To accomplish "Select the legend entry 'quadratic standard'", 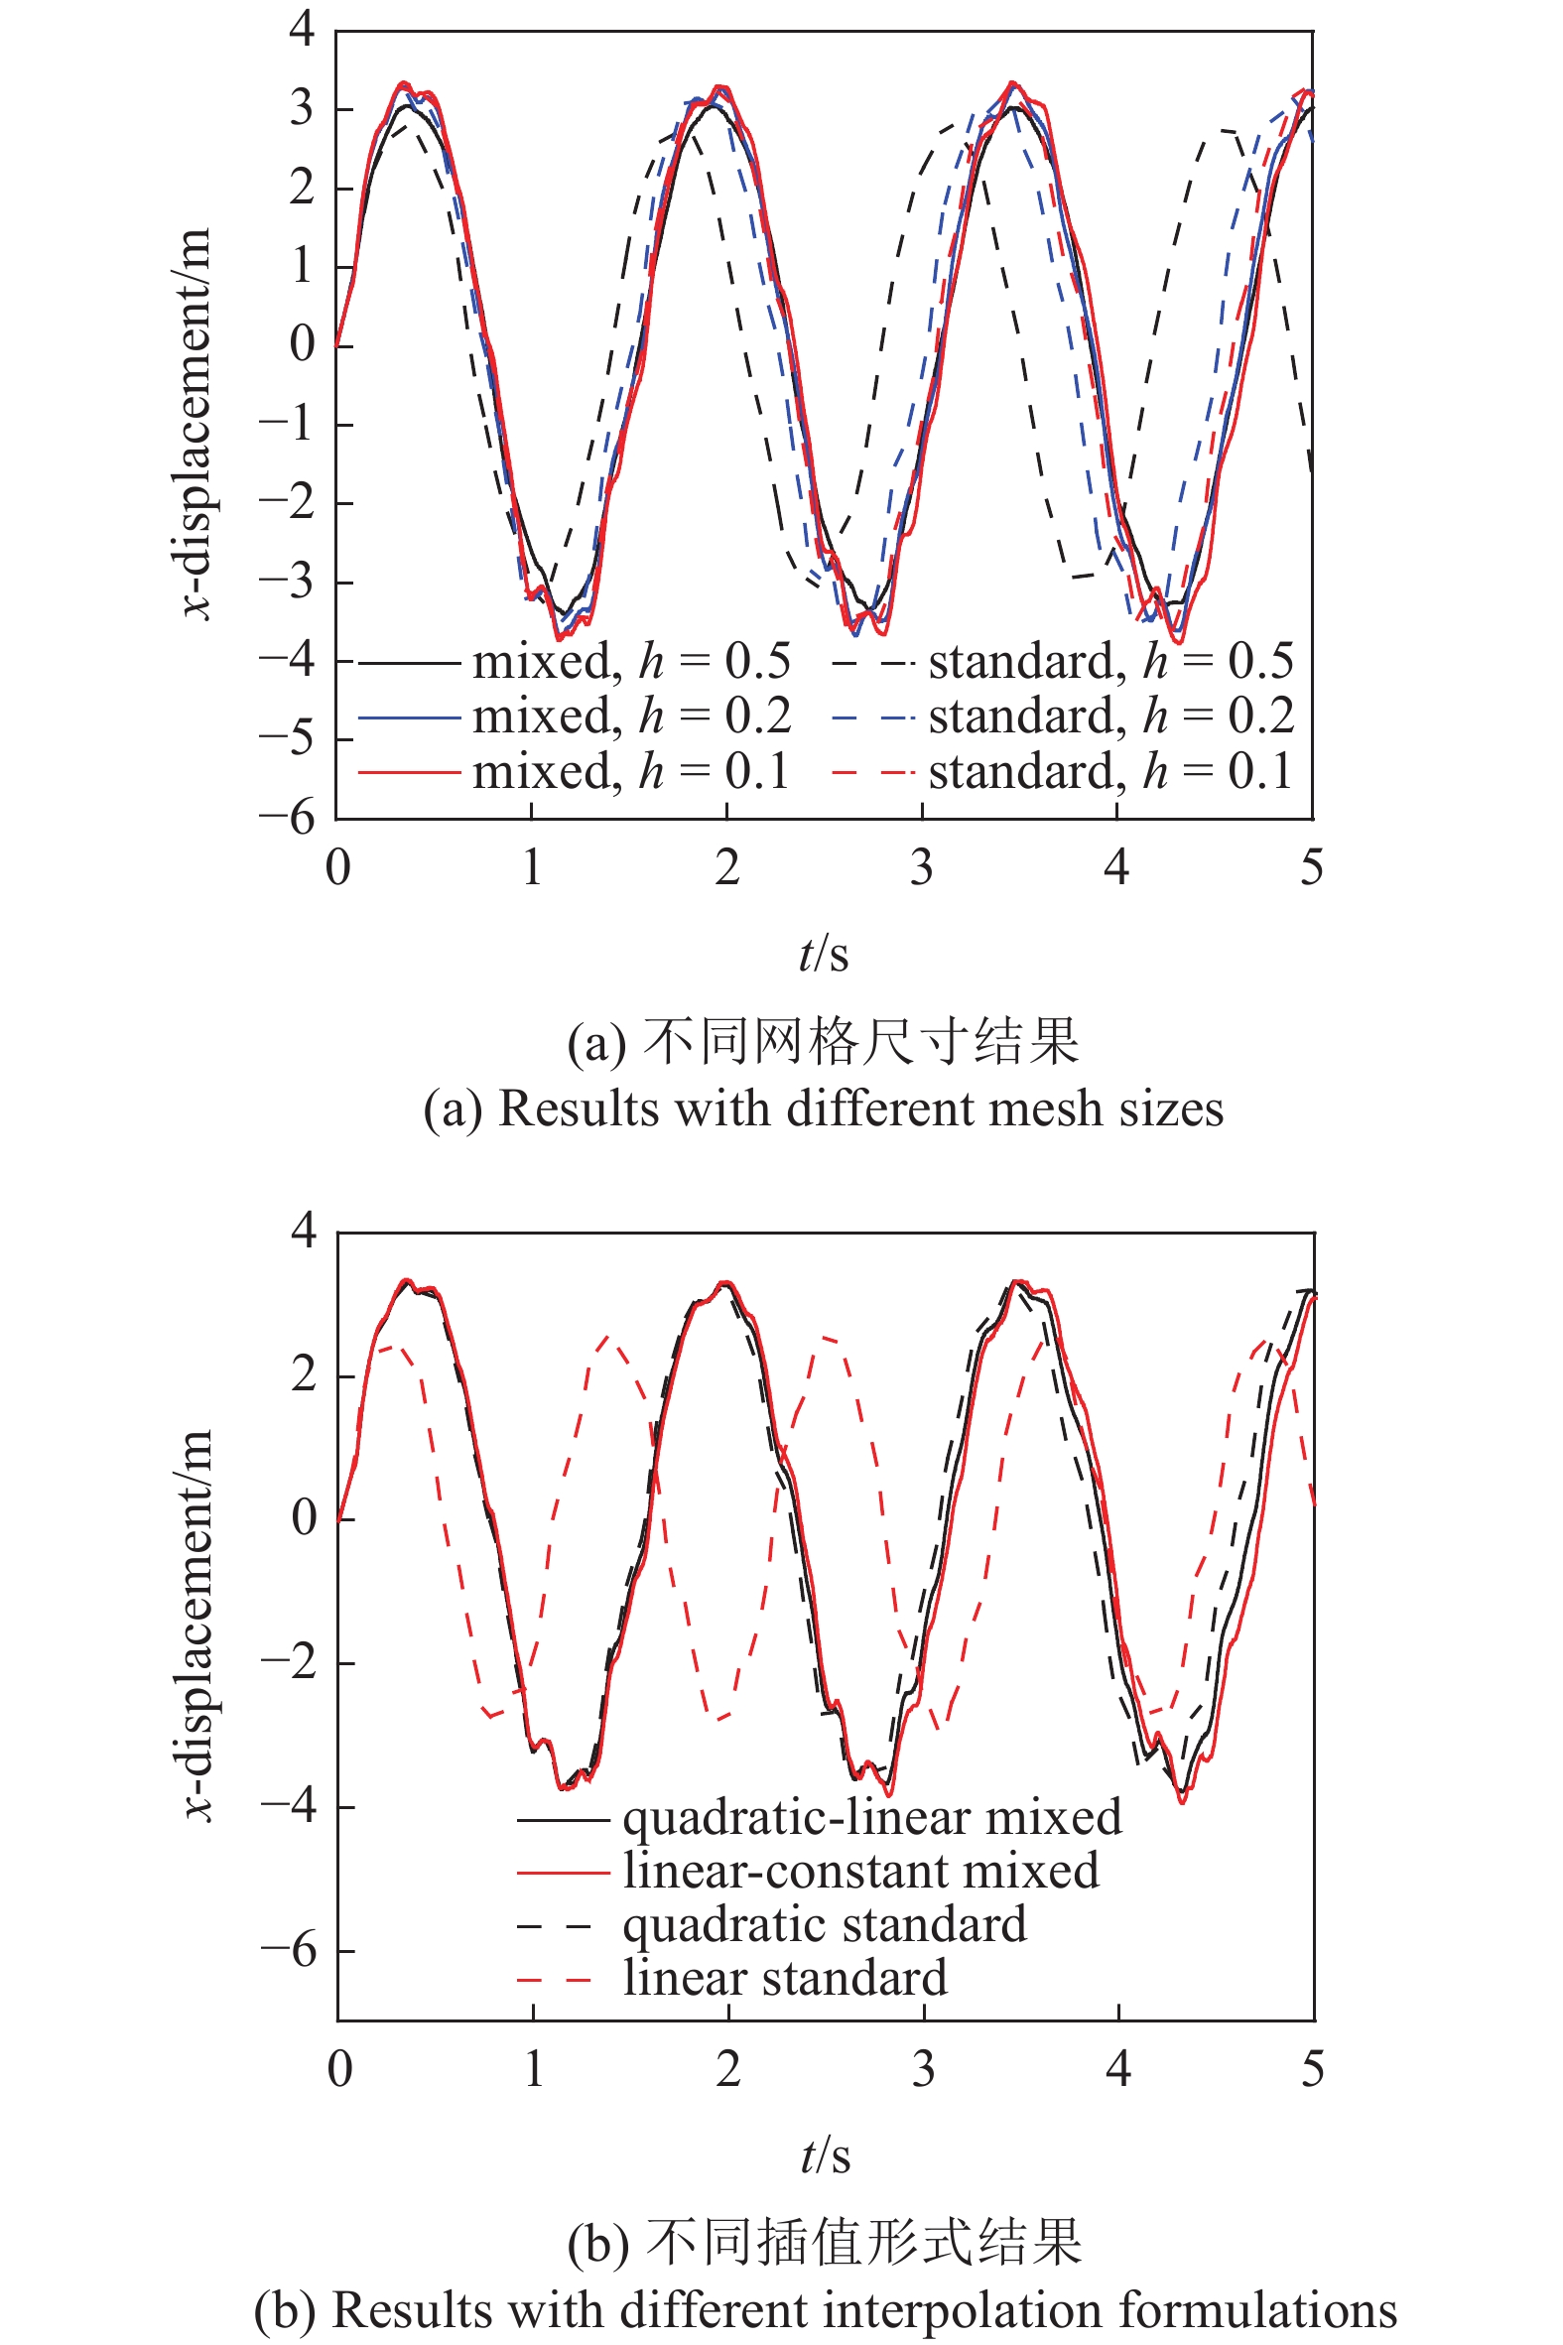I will [x=824, y=1923].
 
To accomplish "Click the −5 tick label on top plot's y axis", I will [x=287, y=739].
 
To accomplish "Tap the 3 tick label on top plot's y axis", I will [x=302, y=107].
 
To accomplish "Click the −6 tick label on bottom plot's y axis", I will [x=289, y=1949].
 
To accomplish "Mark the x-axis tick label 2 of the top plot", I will [x=726, y=868].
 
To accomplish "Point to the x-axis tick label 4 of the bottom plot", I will [x=1117, y=2069].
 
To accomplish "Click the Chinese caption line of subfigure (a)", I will [x=824, y=1041].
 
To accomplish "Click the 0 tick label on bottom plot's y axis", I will [x=304, y=1518].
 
